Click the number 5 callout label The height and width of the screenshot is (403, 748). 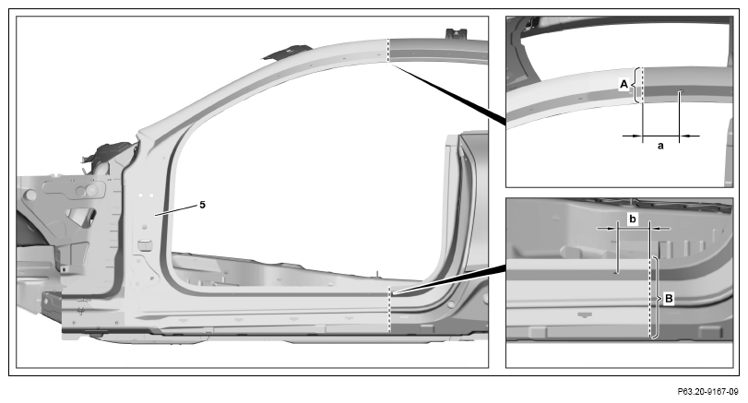click(202, 205)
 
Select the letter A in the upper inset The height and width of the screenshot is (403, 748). click(623, 85)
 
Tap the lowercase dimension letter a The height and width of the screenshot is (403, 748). click(660, 146)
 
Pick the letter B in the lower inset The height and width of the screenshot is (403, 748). click(669, 299)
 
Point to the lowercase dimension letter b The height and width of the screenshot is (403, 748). click(633, 219)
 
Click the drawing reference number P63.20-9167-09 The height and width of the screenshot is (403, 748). click(708, 392)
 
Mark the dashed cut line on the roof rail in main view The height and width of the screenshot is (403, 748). click(389, 50)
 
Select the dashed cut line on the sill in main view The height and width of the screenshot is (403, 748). click(390, 309)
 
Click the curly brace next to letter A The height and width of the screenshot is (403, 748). click(635, 85)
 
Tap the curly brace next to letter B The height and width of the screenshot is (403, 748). click(658, 298)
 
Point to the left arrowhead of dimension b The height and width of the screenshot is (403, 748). click(611, 229)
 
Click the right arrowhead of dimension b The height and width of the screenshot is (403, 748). click(656, 229)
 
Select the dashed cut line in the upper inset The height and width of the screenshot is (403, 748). click(643, 85)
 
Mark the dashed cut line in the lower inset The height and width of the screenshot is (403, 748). click(649, 298)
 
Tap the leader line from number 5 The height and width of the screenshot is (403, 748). click(175, 210)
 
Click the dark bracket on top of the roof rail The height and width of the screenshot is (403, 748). click(286, 52)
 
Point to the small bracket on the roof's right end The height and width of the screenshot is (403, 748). click(456, 34)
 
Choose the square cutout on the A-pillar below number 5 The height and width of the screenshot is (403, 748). click(143, 245)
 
